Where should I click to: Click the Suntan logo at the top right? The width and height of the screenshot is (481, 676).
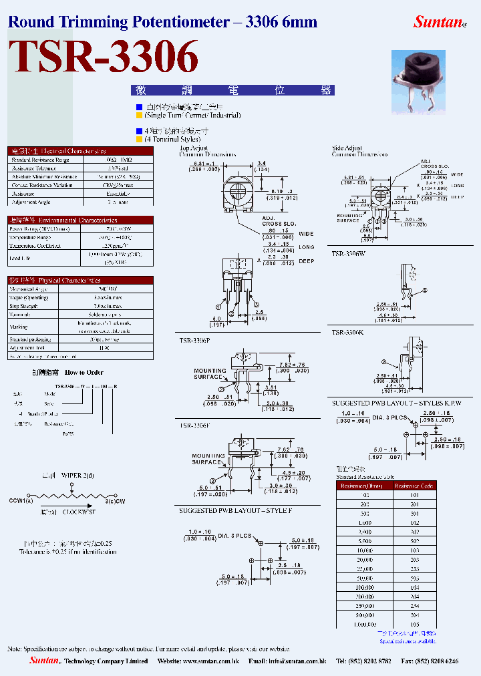438,22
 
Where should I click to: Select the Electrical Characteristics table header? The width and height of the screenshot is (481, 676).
80,151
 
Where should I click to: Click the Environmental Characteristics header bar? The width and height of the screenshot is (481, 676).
80,220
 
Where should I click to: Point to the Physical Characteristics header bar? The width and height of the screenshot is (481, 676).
80,281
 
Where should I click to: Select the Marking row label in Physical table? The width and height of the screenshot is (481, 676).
19,327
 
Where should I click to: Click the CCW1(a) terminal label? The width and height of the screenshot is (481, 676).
19,500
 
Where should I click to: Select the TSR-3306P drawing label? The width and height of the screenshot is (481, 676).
194,341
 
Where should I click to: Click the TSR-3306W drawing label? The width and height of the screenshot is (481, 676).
349,254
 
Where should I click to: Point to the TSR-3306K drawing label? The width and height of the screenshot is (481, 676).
348,332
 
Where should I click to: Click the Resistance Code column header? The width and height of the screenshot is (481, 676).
414,486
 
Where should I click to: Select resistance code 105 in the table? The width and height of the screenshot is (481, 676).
414,624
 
